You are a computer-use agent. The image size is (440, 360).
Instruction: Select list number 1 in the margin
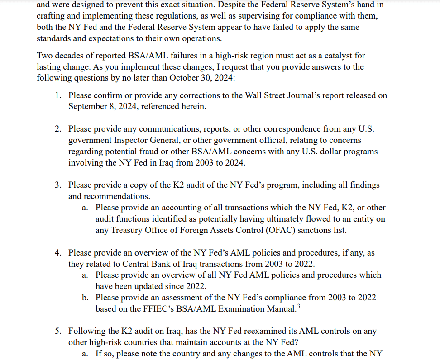point(58,95)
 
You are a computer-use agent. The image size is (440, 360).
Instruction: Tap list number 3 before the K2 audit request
point(58,185)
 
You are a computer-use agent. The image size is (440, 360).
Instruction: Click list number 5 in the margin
point(58,331)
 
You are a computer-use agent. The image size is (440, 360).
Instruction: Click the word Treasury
point(128,230)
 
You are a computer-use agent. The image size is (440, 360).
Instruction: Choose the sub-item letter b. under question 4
point(85,298)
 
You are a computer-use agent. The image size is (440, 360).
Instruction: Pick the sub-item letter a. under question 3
point(85,208)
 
